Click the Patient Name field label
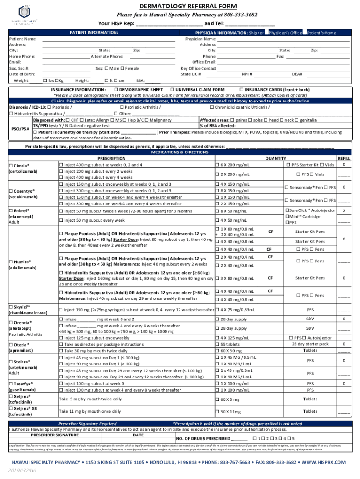(23, 39)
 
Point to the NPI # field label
(246, 74)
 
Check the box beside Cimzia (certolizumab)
(11, 165)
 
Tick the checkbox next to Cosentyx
(11, 191)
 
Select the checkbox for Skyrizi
(11, 307)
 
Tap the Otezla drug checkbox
(11, 344)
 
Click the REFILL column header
(344, 159)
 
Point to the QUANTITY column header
(275, 159)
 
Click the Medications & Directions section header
(180, 152)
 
